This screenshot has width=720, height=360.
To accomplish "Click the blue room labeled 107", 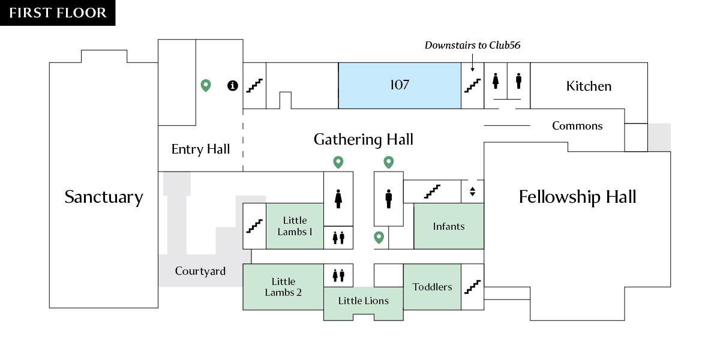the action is click(x=400, y=85).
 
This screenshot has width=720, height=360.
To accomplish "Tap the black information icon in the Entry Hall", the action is click(x=233, y=85).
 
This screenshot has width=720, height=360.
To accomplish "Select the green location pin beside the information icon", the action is click(x=206, y=85).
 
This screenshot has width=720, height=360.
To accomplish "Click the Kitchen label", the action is click(x=589, y=86).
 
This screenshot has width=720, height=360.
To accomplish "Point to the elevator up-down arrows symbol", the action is click(x=472, y=191).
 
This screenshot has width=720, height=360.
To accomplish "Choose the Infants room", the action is click(x=449, y=226).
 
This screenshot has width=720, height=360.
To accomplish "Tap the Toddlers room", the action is click(x=432, y=287).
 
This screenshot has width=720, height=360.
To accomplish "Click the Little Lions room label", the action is click(x=363, y=301).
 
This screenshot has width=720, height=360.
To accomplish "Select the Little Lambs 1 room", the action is click(x=295, y=226).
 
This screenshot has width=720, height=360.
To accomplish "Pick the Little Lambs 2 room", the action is click(x=283, y=287).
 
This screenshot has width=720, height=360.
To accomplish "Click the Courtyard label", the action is click(x=200, y=271).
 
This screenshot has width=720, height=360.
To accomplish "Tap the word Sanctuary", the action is click(x=103, y=197).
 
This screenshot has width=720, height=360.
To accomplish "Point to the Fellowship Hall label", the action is click(x=577, y=196).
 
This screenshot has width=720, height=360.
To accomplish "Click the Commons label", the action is click(x=577, y=125).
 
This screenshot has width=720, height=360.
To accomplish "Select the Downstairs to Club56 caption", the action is click(x=473, y=45).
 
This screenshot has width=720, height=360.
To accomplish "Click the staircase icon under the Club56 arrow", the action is click(x=473, y=85).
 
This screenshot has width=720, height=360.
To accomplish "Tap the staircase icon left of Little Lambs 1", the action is click(x=254, y=226).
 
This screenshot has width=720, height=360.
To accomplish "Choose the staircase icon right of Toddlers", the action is click(x=473, y=287).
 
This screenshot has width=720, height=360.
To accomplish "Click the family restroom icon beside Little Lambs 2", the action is click(x=338, y=275).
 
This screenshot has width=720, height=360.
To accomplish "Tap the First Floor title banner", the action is click(x=58, y=13).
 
